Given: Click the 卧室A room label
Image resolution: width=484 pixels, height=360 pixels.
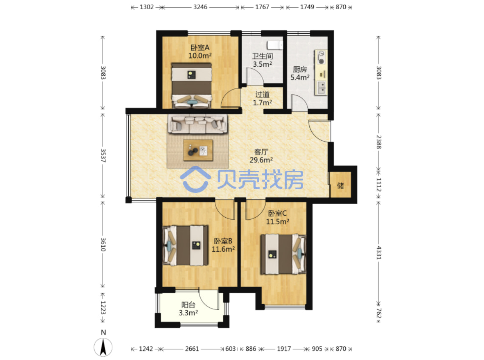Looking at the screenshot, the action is tap(200, 48).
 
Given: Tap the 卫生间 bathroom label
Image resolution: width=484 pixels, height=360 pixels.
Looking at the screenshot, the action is tap(262, 56).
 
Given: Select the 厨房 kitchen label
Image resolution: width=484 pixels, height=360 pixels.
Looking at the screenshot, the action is tap(300, 70).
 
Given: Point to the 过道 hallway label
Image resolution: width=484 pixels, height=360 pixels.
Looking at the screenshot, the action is tap(262, 95).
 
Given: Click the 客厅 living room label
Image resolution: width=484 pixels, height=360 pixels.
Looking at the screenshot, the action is tap(261, 152).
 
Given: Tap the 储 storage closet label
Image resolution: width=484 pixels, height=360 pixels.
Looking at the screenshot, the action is tap(340, 186).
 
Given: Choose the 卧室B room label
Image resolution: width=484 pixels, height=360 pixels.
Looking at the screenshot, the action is tap(223, 241).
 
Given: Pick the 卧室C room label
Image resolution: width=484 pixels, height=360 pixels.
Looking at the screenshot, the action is tap(277, 213).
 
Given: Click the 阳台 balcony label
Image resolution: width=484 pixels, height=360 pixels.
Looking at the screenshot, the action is tap(188, 305).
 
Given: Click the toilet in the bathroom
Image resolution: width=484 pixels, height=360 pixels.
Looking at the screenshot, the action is tap(275, 45).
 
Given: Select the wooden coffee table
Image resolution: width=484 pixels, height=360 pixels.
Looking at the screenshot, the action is tap(198, 150).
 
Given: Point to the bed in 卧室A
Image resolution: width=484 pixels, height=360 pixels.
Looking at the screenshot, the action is tap(191, 86).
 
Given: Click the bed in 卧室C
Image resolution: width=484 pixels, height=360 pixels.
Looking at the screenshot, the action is tap(283, 254).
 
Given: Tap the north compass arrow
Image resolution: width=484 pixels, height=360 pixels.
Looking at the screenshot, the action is tap(103, 347).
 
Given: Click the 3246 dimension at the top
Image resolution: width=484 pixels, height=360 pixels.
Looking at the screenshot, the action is tap(200, 7).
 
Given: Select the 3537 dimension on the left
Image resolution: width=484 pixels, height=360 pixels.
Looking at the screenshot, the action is tap(103, 156).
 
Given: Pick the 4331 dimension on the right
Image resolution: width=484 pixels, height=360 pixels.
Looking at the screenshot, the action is tap(379, 252).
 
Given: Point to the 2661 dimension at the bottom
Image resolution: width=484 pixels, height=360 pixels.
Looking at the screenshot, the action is tap(192, 349).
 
